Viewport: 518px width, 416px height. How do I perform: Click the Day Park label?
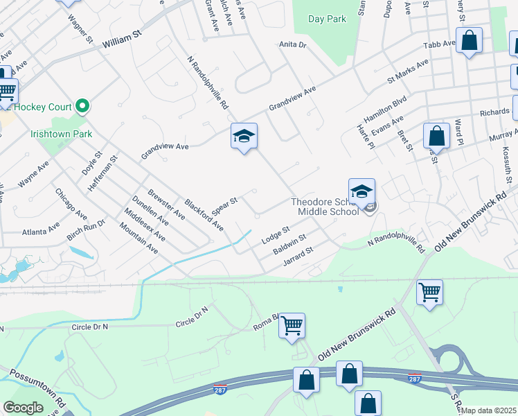pos(327,19)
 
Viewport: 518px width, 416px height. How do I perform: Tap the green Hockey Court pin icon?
pos(83,106)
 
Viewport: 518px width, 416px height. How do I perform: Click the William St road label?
pos(122,42)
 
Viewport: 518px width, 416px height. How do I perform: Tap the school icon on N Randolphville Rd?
pos(244,137)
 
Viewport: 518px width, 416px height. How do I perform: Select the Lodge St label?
pos(275,234)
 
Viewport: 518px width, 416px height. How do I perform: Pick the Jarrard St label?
pos(299,256)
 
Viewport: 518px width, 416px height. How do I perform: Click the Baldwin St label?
pos(289,244)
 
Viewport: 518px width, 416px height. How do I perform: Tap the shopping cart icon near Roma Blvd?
pos(292,324)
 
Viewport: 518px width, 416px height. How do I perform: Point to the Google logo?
pos(23,408)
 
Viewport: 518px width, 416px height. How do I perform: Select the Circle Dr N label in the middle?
pos(192,322)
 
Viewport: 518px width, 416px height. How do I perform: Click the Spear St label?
pos(224,205)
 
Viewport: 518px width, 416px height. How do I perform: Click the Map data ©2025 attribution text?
pos(489,410)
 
